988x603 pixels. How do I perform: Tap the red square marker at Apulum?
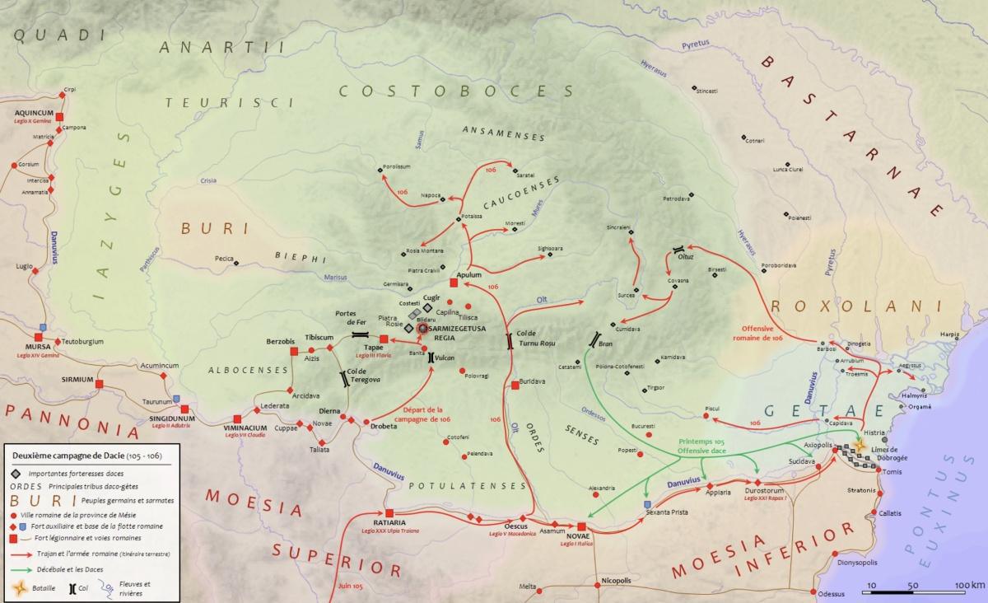[453, 284]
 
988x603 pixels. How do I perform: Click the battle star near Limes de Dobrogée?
[861, 445]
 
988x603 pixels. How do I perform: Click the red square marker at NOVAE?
[582, 527]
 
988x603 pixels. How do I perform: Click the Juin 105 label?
[351, 586]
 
